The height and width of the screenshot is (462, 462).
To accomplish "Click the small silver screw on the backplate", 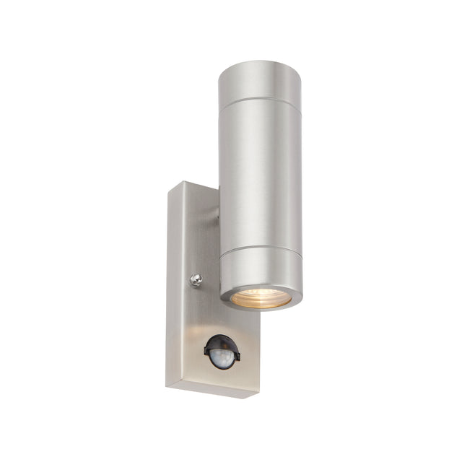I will click(196, 279).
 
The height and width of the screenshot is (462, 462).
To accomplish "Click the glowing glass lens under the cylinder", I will click(261, 297).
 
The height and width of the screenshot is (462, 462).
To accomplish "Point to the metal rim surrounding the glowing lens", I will click(261, 307).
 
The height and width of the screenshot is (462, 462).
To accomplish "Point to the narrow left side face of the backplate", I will click(170, 289).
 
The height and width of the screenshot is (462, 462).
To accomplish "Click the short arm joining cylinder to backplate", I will click(216, 214).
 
